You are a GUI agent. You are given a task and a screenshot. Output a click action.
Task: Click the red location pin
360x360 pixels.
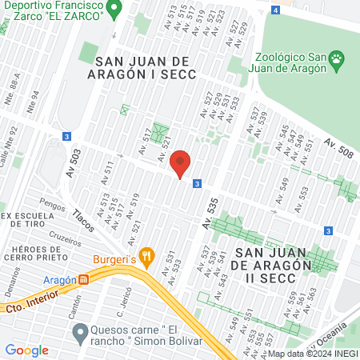pos(181,163)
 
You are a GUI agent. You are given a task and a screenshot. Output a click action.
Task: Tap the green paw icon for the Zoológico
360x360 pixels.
pos(339,58)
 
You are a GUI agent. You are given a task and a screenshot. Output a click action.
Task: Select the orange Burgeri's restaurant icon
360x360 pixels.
pos(146,257)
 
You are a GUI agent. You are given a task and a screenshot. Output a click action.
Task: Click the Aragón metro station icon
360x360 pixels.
pos(84,280)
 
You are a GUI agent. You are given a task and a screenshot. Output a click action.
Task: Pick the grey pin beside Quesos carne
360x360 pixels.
pos(79,331)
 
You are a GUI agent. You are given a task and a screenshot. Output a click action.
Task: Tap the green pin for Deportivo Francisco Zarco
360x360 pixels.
pos(114,10)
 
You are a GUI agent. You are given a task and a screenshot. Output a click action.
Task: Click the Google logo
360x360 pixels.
pos(26,350)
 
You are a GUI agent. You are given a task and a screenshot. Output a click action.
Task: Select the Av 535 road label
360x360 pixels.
pos(210,214)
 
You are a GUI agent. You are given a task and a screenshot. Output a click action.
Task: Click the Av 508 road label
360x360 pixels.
pos(339,146)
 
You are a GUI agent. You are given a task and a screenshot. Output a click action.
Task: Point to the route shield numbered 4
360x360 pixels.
pos(275,10)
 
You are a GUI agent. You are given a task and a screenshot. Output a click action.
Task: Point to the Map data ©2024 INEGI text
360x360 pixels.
pos(312,353)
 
